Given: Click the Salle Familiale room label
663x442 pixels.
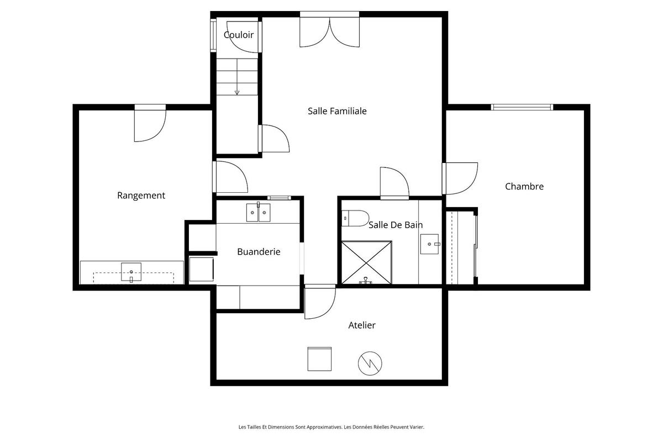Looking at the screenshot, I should (337, 111).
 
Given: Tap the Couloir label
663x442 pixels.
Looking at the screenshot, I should (239, 35).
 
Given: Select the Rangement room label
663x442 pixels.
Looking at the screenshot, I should (141, 195).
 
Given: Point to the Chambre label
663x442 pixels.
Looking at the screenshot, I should (524, 186).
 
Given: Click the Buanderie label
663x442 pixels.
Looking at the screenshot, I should (259, 251).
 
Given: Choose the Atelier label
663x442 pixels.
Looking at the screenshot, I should (362, 325).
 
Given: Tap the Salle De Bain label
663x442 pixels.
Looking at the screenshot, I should (396, 224).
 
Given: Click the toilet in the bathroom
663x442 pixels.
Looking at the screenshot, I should (355, 219).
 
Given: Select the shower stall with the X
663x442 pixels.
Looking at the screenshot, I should (366, 262).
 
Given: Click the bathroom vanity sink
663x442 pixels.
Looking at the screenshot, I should (429, 244).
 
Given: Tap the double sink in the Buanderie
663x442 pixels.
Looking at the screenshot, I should (258, 212).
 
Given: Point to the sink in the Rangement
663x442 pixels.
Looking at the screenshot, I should (131, 272).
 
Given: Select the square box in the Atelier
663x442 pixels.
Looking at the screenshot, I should (319, 359).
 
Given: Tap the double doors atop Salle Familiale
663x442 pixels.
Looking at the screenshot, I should (329, 30).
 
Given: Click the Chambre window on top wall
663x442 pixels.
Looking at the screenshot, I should (522, 107).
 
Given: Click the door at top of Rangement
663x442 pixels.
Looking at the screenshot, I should (150, 123).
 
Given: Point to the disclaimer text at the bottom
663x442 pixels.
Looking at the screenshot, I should (331, 427).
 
